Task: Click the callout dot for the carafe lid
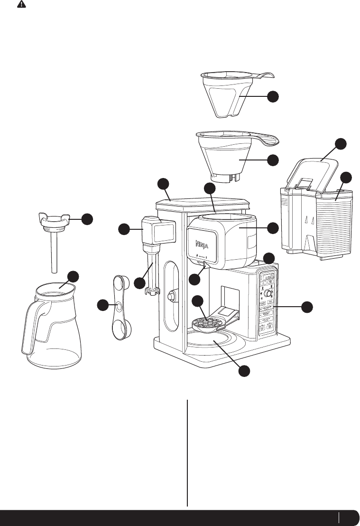point(87,219)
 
